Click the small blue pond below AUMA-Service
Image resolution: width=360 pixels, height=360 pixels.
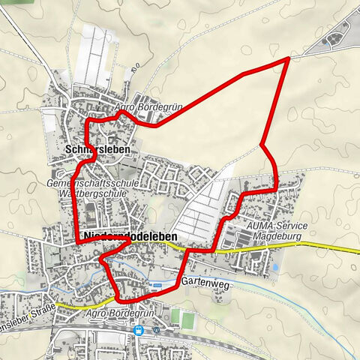(x=276, y=266)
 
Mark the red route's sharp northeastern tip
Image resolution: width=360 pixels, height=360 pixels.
(x=289, y=58)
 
